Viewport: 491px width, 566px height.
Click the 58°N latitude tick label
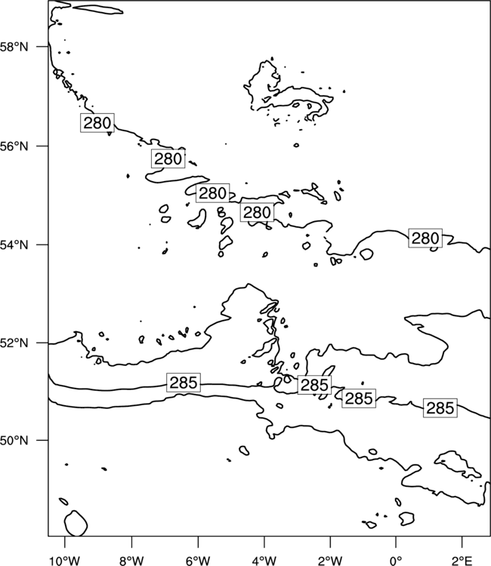pyautogui.click(x=14, y=47)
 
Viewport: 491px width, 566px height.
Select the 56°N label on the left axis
pyautogui.click(x=14, y=146)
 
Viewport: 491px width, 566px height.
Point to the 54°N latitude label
pyautogui.click(x=14, y=245)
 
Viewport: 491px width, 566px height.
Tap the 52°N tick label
pyautogui.click(x=14, y=343)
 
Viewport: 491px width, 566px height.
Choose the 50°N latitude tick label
pyautogui.click(x=14, y=441)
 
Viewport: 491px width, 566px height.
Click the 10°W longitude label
pyautogui.click(x=65, y=561)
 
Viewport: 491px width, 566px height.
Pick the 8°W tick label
pyautogui.click(x=131, y=561)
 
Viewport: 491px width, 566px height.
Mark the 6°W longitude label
pyautogui.click(x=198, y=561)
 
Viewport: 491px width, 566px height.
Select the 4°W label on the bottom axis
pyautogui.click(x=264, y=561)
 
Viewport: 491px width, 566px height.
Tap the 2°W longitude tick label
pyautogui.click(x=330, y=561)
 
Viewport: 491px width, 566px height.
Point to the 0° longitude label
pyautogui.click(x=396, y=561)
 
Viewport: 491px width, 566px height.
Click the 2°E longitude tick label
pyautogui.click(x=462, y=561)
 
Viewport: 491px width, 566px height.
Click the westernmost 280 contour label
pyautogui.click(x=97, y=123)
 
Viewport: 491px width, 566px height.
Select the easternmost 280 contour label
pyautogui.click(x=425, y=238)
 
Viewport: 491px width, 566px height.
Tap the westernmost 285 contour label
pyautogui.click(x=184, y=383)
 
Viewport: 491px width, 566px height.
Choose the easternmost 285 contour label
pyautogui.click(x=440, y=408)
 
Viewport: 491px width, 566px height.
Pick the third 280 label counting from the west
pyautogui.click(x=212, y=193)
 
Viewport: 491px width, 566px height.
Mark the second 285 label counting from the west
pyautogui.click(x=314, y=385)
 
